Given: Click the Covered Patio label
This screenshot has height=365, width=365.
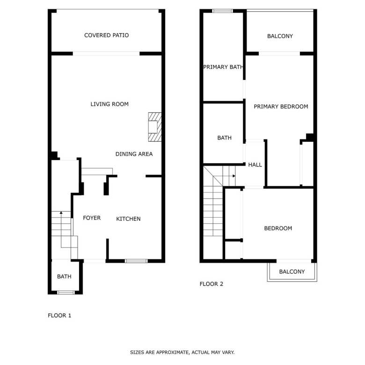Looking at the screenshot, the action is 106,36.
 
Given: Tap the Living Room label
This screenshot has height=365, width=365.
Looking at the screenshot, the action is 109,104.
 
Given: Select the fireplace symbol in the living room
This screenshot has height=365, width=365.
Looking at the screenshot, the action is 155,127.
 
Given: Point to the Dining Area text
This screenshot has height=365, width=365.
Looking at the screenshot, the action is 134,154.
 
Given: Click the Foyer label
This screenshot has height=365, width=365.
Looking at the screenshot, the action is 92,218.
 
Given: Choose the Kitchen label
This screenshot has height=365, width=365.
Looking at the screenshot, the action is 128,219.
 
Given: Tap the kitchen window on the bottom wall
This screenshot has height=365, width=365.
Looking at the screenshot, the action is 136,261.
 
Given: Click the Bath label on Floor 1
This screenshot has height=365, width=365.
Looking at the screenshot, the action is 64,277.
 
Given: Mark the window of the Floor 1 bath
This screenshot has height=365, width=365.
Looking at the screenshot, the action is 66,292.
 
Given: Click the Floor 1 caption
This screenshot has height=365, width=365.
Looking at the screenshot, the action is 59,315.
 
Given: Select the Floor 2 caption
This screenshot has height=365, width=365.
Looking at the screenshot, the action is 212,284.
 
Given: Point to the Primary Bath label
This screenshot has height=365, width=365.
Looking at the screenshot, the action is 223,67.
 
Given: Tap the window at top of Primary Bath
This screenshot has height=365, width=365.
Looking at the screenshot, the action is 223,11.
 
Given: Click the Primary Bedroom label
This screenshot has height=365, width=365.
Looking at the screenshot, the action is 281,107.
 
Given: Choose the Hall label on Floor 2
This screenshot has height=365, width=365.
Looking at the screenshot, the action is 255,165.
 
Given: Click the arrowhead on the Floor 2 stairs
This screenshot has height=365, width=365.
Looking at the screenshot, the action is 234,176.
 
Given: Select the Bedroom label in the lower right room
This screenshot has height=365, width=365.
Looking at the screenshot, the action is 278,228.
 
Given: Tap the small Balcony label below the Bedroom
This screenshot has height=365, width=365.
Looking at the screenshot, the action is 292,272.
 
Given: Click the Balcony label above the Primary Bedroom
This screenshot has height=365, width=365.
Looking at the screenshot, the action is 280,36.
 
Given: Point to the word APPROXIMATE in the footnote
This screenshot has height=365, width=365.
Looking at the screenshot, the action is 172,352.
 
